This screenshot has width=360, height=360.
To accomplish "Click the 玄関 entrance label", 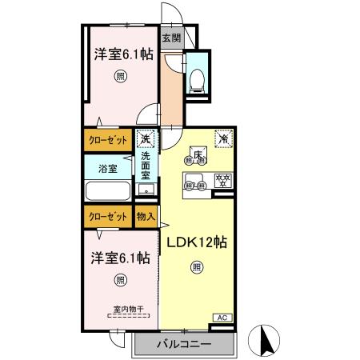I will (172, 38).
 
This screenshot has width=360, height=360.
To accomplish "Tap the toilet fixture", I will (197, 78).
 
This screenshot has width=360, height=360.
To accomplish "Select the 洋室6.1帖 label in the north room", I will (123, 54).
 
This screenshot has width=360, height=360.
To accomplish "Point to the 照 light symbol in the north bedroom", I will (120, 76).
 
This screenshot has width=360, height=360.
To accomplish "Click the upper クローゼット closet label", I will (107, 140).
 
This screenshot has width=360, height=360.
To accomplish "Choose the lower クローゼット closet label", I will (107, 216).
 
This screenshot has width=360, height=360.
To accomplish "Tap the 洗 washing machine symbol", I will (146, 140).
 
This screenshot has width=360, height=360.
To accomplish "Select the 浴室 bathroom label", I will (109, 168).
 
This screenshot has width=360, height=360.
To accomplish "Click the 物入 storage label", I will (146, 216).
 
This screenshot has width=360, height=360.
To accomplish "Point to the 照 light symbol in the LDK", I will (196, 268).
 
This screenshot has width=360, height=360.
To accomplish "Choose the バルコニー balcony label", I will (184, 345).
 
